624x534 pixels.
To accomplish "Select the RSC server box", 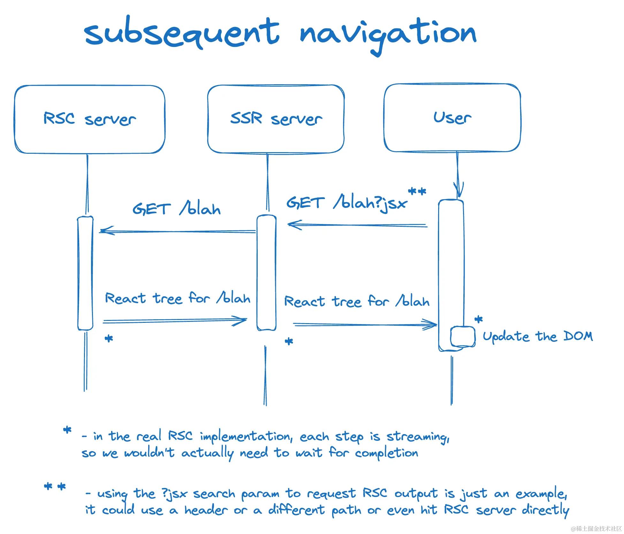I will click(89, 119).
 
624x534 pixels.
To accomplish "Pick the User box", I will click(452, 117).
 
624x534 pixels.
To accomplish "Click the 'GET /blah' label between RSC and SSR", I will click(176, 209).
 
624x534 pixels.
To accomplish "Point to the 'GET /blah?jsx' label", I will click(347, 203).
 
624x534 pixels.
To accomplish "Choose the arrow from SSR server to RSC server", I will click(177, 231).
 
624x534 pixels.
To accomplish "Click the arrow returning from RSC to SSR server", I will click(175, 321).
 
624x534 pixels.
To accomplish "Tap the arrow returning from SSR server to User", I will click(365, 325).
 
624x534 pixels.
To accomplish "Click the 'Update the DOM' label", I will click(537, 336).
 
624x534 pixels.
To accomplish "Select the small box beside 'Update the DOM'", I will click(462, 336).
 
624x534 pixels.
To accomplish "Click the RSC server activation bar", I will click(85, 273).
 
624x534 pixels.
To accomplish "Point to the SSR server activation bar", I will click(266, 273).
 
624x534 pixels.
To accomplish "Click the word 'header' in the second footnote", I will click(206, 510).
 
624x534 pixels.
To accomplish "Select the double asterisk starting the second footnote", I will click(55, 487).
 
